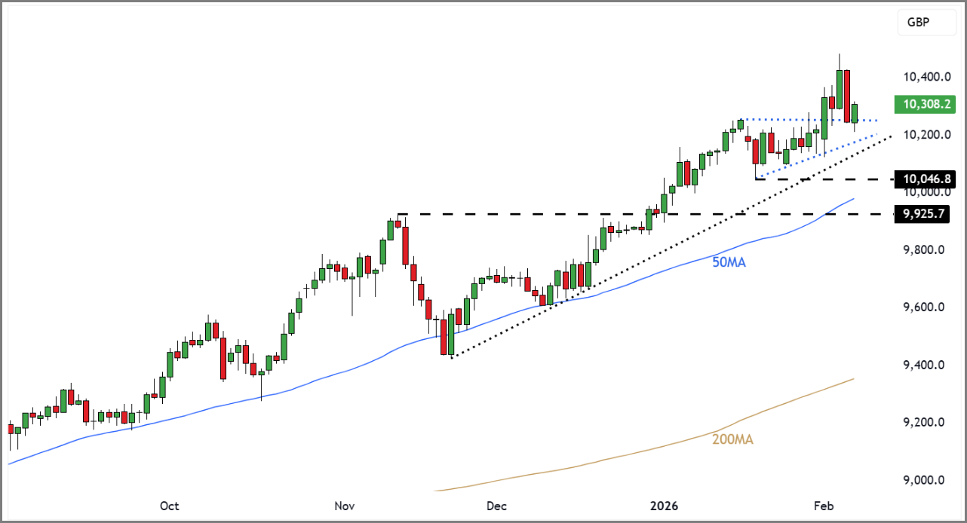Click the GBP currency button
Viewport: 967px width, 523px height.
click(x=918, y=23)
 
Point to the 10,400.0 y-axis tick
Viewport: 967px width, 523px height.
click(x=924, y=77)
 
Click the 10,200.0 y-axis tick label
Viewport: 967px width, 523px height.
click(x=924, y=135)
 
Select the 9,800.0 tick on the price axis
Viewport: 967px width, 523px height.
click(x=924, y=249)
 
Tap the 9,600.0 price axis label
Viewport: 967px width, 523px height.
click(x=924, y=307)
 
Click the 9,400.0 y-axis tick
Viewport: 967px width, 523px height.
click(x=924, y=365)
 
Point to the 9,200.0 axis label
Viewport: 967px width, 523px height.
click(x=924, y=422)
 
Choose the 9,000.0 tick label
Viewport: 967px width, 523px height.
click(x=924, y=480)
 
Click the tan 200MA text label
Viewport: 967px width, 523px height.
click(x=733, y=439)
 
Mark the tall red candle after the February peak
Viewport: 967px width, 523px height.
click(x=847, y=96)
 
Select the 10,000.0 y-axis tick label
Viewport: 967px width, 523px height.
click(x=924, y=192)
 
